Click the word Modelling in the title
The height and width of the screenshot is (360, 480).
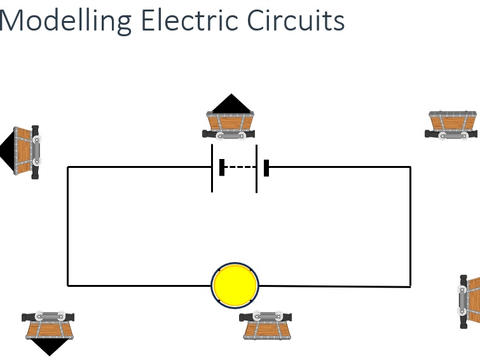point(64,20)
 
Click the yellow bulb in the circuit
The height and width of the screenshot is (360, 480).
point(235,285)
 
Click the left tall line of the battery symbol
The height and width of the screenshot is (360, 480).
point(212,168)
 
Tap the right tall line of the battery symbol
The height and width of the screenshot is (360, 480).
point(257,168)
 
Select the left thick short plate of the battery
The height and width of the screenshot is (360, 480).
point(222,167)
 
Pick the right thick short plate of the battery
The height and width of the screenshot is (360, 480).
point(266,167)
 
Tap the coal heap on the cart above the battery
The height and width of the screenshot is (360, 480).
point(231,104)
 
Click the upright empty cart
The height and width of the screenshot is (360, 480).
point(451,123)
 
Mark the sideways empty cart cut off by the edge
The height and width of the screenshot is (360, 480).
point(470,301)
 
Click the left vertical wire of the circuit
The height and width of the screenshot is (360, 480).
point(68,226)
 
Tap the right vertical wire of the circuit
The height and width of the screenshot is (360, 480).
point(410,226)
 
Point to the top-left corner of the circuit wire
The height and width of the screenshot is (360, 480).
point(68,167)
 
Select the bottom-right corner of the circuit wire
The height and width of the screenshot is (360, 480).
point(410,286)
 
